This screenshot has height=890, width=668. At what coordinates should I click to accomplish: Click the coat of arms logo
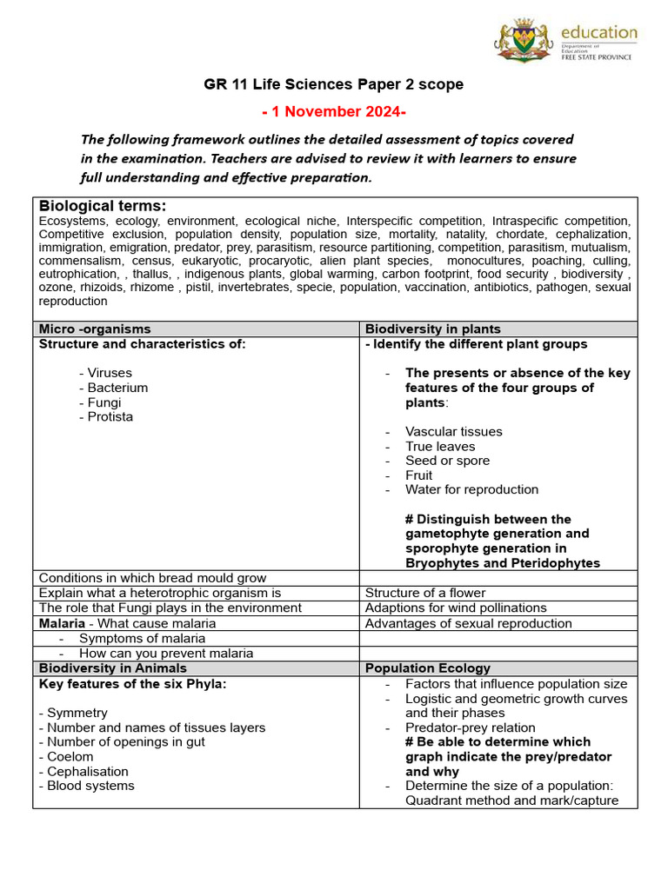coord(525,40)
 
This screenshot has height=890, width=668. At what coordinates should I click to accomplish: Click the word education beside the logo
coord(599,33)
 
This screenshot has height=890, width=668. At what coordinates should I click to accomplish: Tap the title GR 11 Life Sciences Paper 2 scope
coord(334,84)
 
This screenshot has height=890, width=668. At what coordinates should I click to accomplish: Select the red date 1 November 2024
coord(334,112)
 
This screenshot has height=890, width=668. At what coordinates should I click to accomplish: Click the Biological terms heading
coord(103,206)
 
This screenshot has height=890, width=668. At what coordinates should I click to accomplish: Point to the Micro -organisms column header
coord(95,329)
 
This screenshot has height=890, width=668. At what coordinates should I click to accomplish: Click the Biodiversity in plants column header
coord(433,329)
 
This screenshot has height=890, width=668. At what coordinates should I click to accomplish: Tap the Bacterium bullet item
coord(113,388)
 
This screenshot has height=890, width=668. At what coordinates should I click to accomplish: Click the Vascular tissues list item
coord(453,432)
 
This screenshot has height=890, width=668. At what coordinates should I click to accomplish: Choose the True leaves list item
coord(440,447)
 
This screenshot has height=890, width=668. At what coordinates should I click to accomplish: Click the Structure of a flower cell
coord(425,594)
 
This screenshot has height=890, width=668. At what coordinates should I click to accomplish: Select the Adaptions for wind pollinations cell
coord(456,608)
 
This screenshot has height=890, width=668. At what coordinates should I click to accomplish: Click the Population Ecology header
coord(428,668)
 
